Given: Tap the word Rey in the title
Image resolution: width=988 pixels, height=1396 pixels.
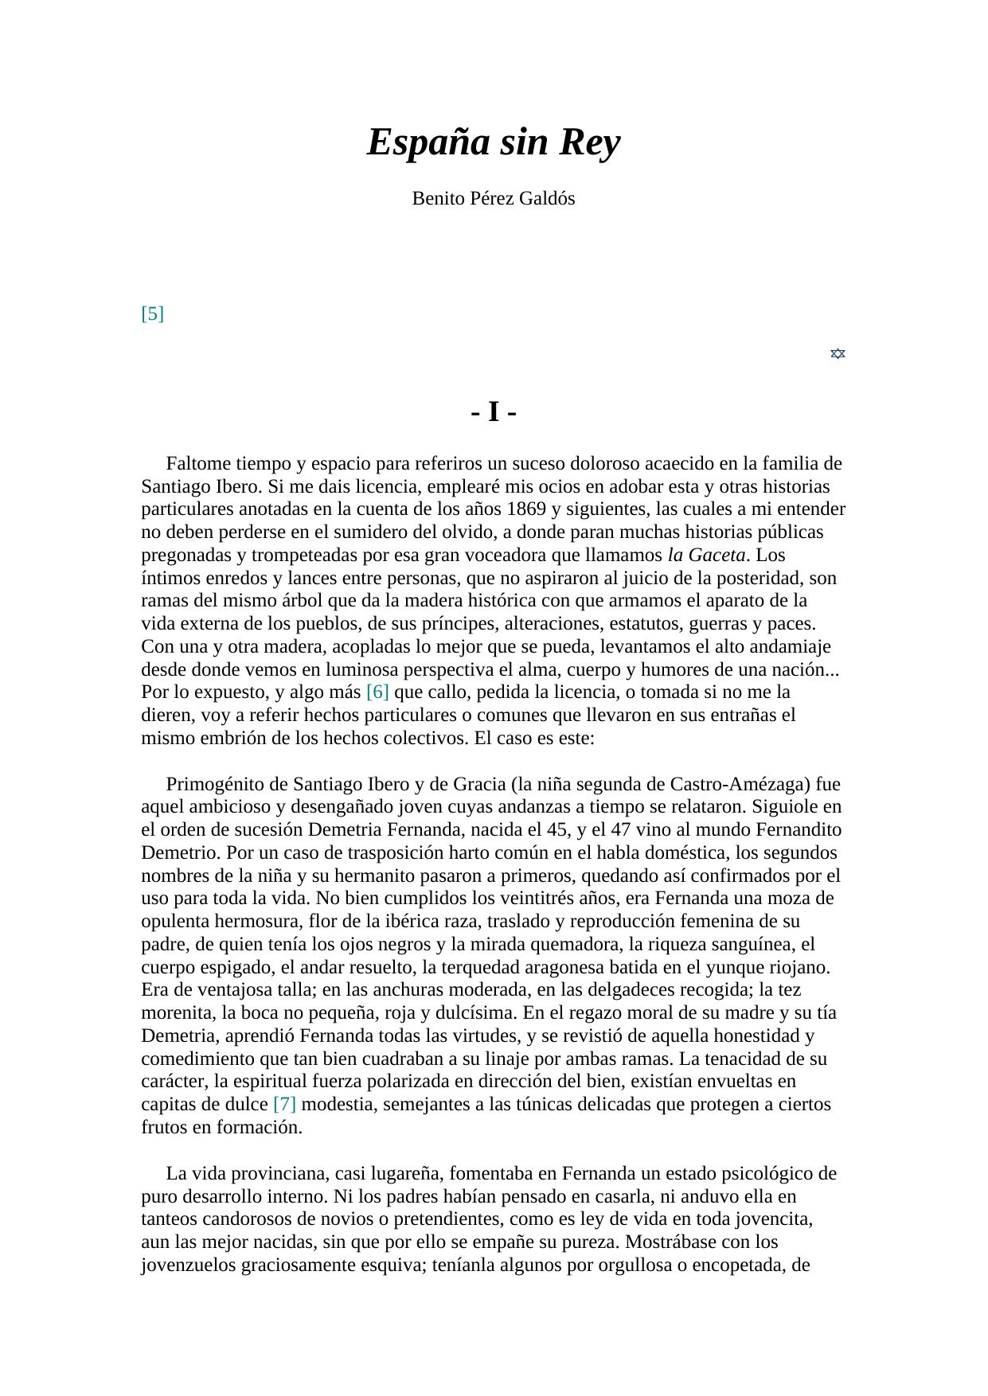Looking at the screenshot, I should (589, 143).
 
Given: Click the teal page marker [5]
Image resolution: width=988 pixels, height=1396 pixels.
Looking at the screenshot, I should (152, 314).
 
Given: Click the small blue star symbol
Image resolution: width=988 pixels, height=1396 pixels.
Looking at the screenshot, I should (838, 353).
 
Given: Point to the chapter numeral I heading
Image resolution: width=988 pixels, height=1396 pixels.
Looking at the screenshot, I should (494, 412).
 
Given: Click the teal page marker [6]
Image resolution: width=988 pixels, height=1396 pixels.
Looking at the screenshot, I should (377, 692).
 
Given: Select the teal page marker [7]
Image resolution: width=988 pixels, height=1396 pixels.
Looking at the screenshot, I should (284, 1104).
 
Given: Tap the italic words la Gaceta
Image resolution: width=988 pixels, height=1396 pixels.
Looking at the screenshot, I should (707, 555).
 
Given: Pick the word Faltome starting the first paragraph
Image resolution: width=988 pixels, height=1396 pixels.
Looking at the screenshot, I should (198, 463).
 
